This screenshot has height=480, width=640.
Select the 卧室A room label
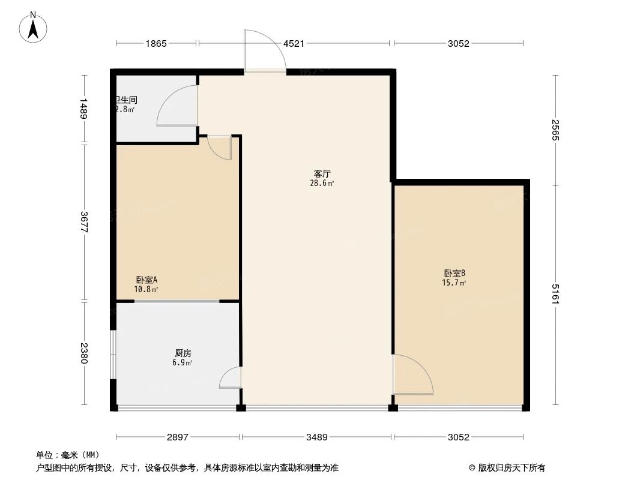click(146, 280)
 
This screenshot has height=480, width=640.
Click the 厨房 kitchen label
click(183, 353)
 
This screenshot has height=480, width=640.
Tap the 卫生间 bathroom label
click(127, 100)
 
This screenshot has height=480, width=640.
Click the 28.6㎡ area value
click(319, 184)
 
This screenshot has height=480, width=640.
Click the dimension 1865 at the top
click(155, 43)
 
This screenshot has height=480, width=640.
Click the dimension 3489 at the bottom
click(316, 437)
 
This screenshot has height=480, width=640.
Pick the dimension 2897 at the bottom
click(178, 437)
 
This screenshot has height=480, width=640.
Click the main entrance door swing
click(264, 51)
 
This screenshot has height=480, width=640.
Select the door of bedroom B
click(414, 376)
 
